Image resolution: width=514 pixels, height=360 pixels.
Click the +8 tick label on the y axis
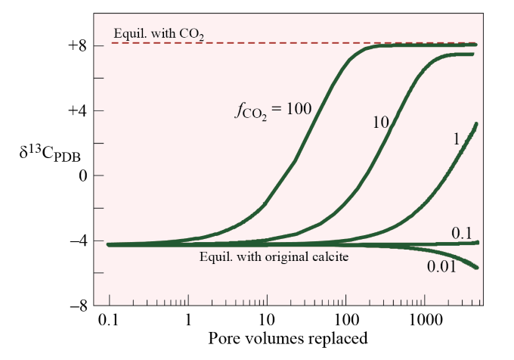point(77,45)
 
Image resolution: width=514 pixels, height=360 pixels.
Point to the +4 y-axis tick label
point(77,110)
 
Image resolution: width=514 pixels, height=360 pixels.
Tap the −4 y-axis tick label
point(77,241)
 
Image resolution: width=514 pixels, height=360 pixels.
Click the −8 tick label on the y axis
point(77,306)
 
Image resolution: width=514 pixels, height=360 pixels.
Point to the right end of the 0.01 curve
point(476,267)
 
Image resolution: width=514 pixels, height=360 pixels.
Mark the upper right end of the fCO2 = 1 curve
point(476,124)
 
